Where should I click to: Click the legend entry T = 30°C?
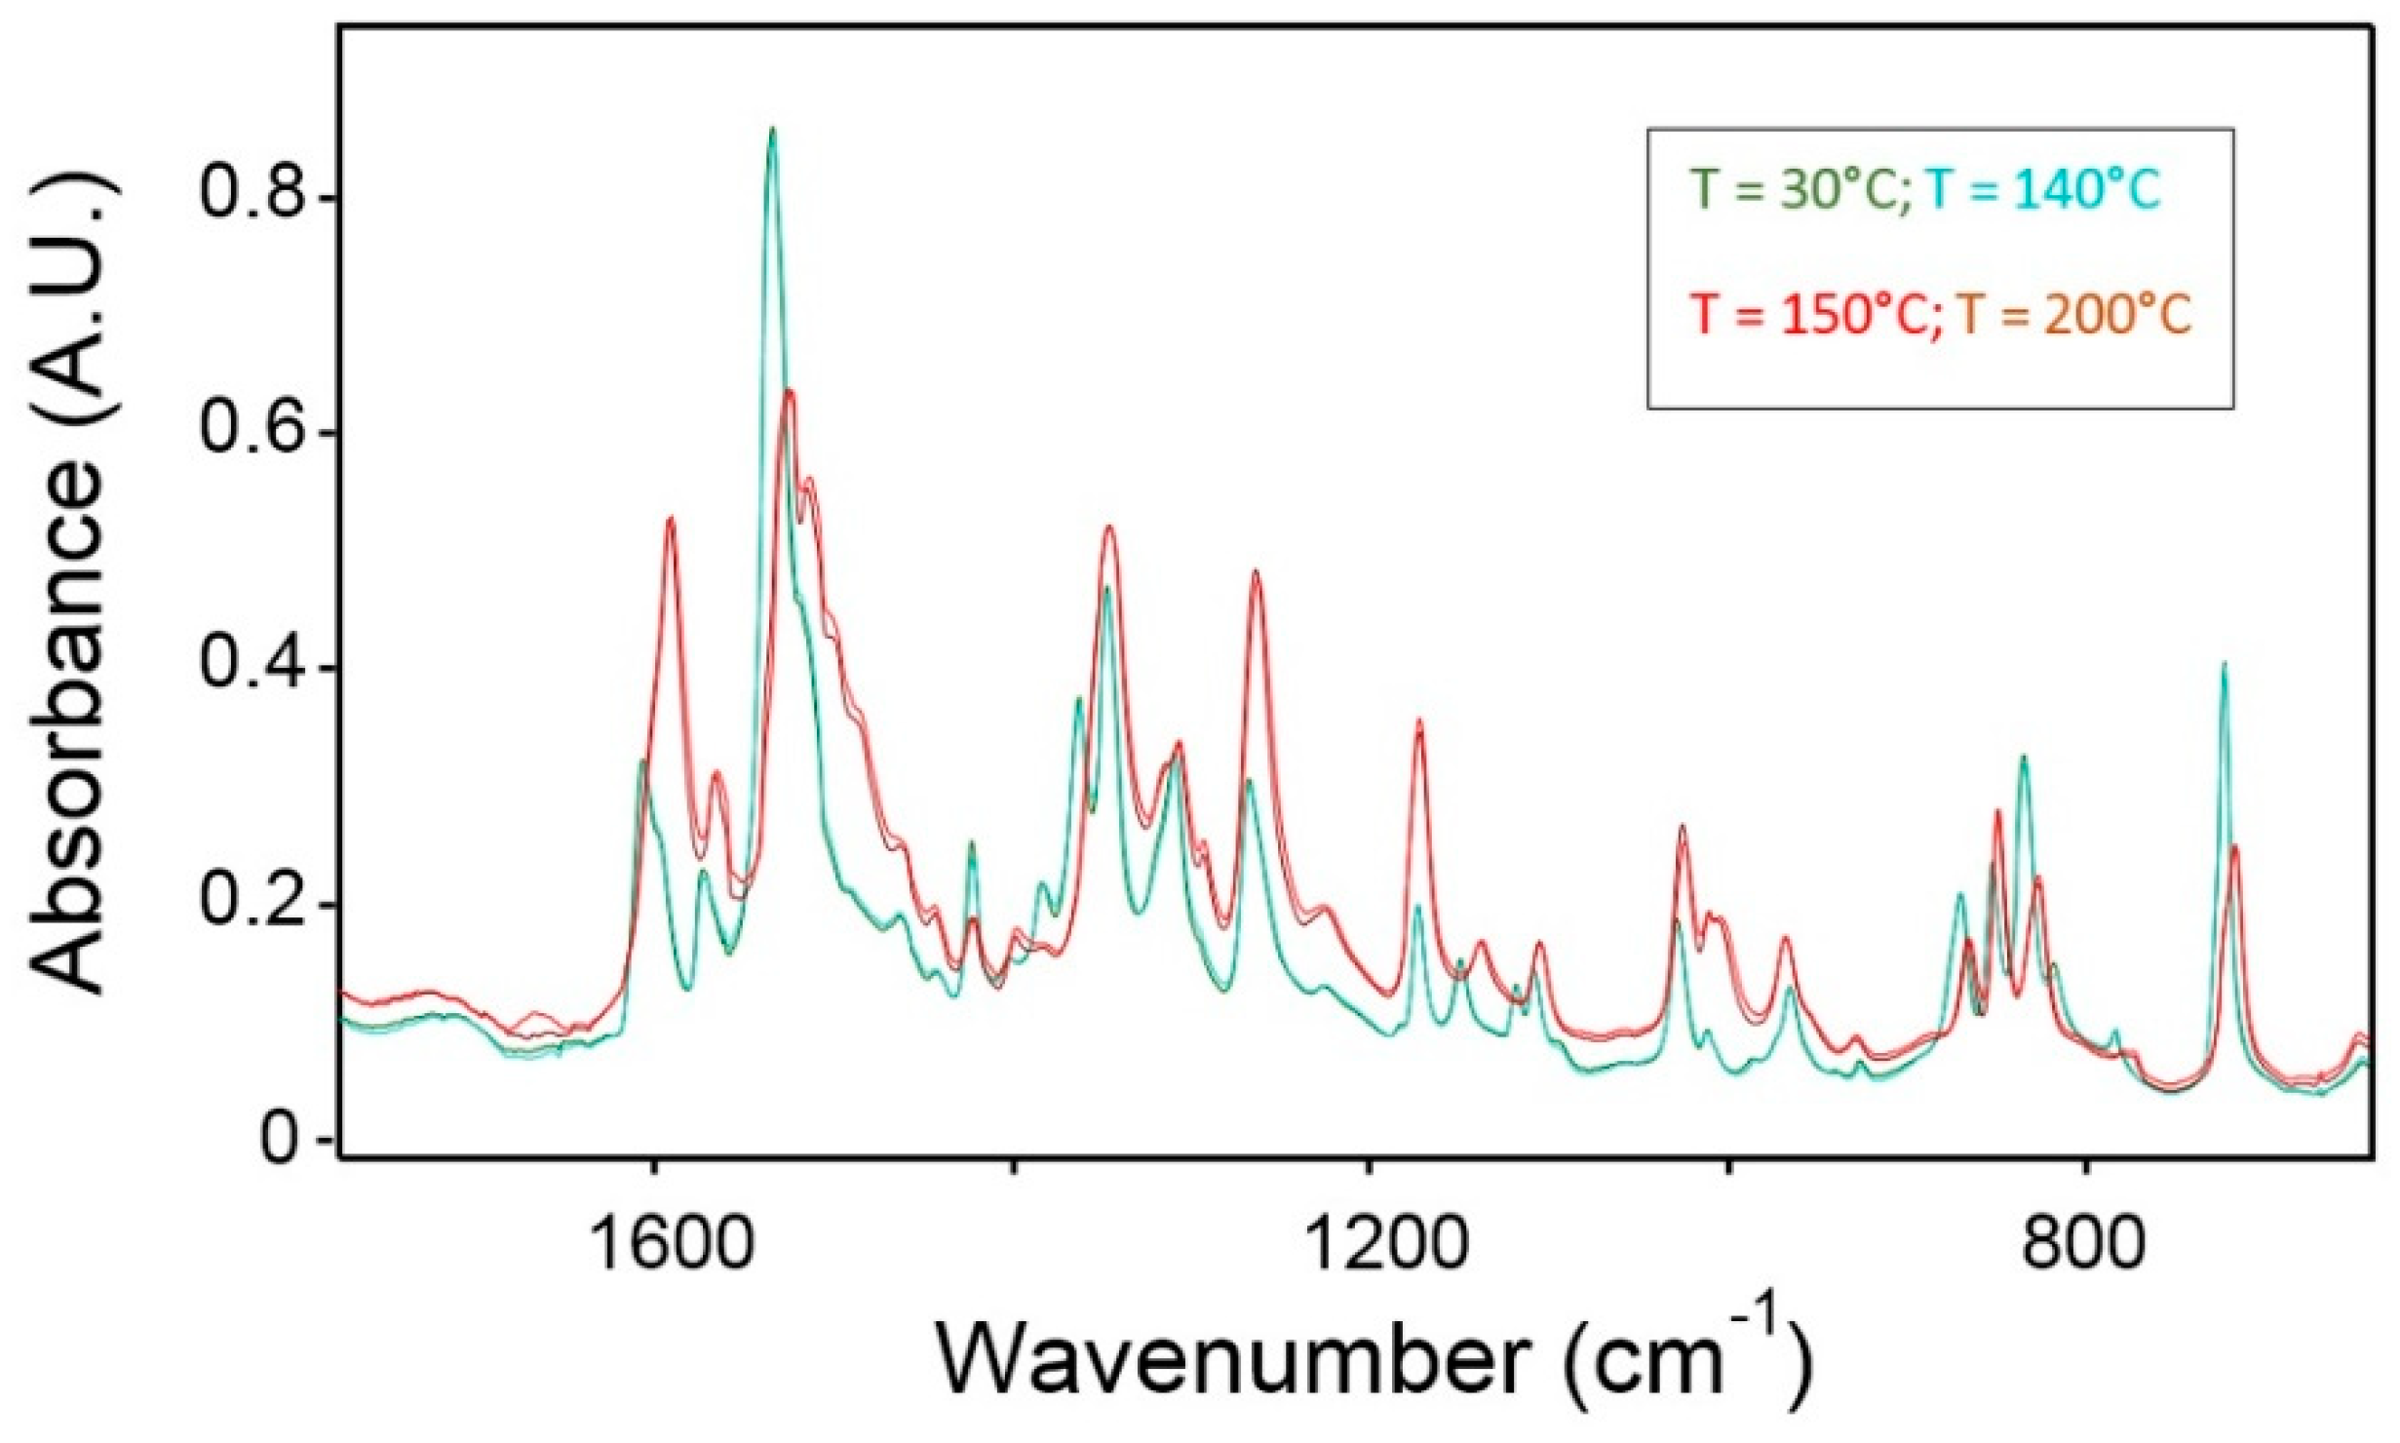tap(1800, 191)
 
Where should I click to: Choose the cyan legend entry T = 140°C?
tap(2044, 191)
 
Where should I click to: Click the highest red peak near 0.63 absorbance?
tap(789, 392)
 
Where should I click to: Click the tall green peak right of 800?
tap(2224, 666)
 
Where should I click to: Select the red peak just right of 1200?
tap(1419, 721)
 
